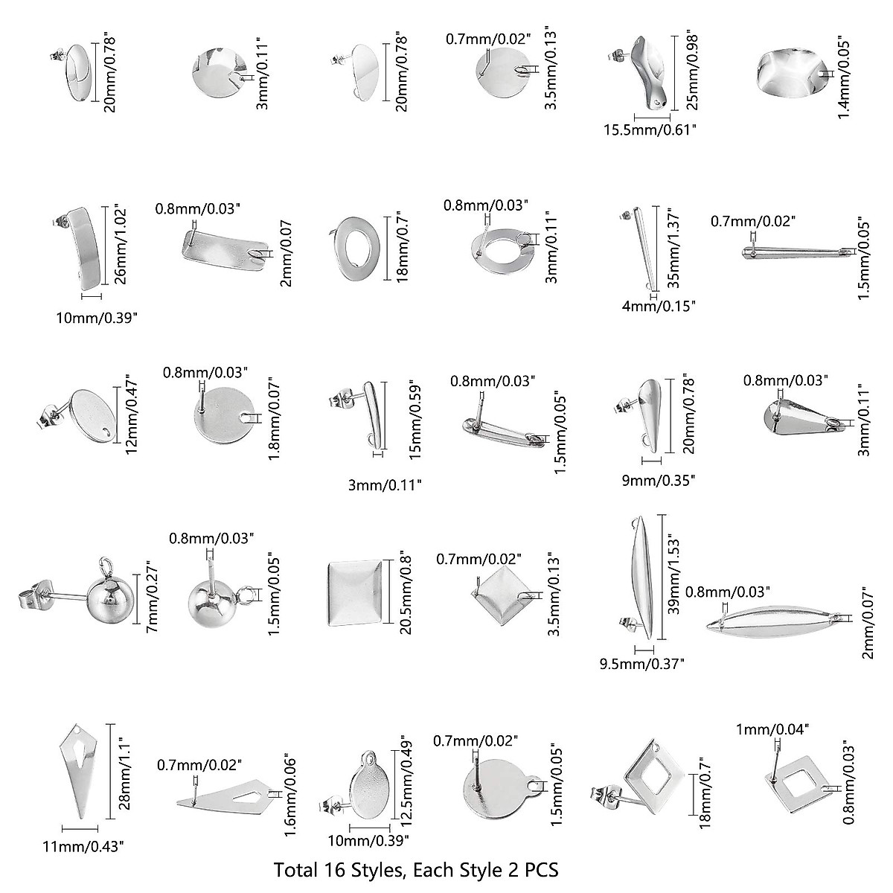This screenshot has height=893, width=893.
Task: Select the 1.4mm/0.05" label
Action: click(843, 76)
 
